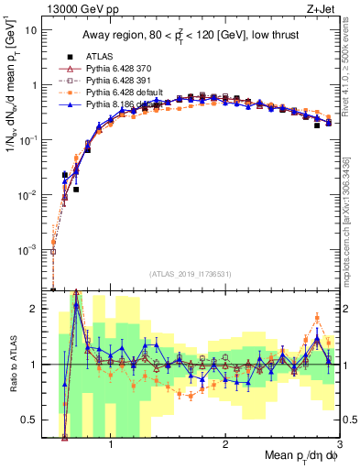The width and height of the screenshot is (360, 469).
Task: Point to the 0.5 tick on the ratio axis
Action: pyautogui.click(x=35, y=420)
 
